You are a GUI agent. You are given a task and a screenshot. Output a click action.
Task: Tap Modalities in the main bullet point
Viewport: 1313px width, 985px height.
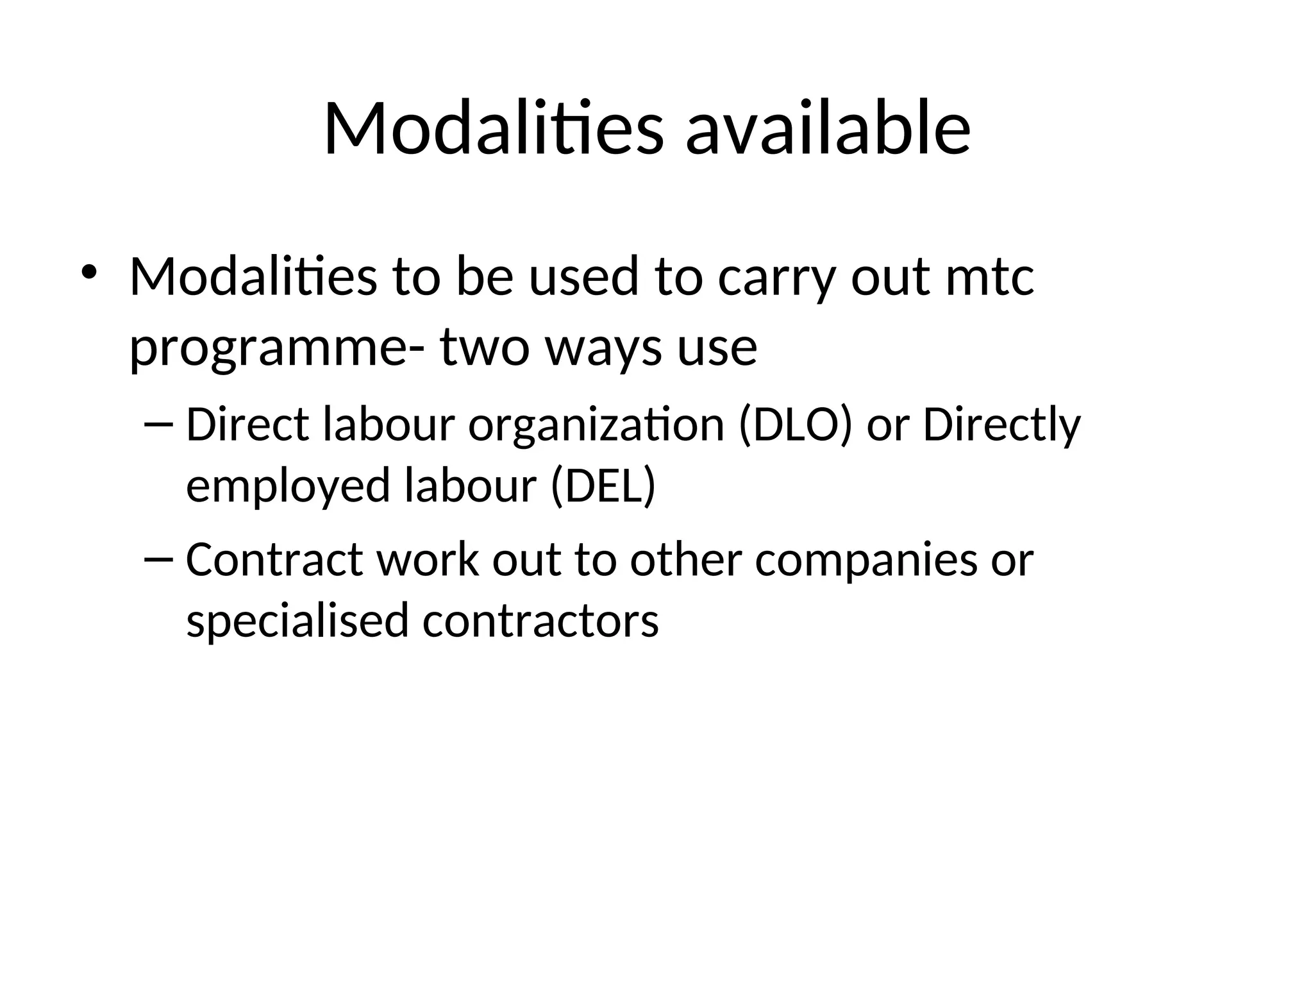(253, 277)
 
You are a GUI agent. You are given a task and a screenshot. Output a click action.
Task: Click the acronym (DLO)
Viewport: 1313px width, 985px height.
(796, 425)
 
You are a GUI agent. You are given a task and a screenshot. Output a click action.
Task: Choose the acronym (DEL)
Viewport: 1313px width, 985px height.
(603, 485)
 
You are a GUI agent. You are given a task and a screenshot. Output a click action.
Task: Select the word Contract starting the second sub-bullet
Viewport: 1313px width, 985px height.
(275, 560)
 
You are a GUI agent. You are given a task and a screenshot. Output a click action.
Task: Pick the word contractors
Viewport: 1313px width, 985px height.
(540, 621)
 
